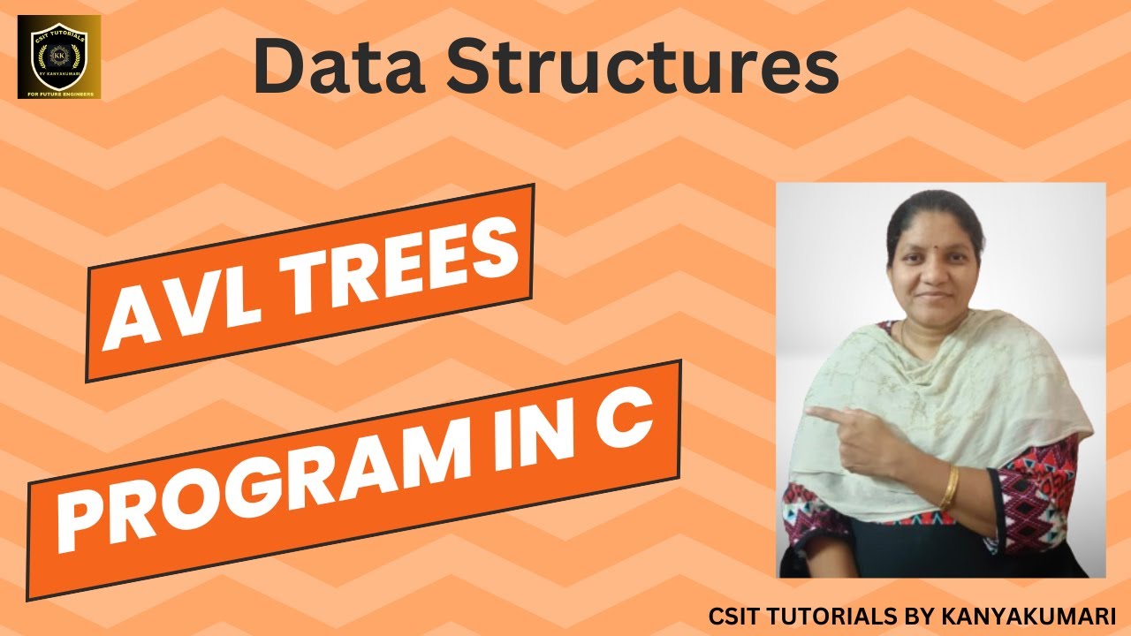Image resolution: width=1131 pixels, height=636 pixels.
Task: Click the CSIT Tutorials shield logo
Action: pyautogui.click(x=59, y=56)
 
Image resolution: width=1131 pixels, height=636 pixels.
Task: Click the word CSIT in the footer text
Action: pyautogui.click(x=732, y=616)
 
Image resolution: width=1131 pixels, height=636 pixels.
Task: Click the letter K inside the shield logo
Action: pyautogui.click(x=58, y=54)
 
